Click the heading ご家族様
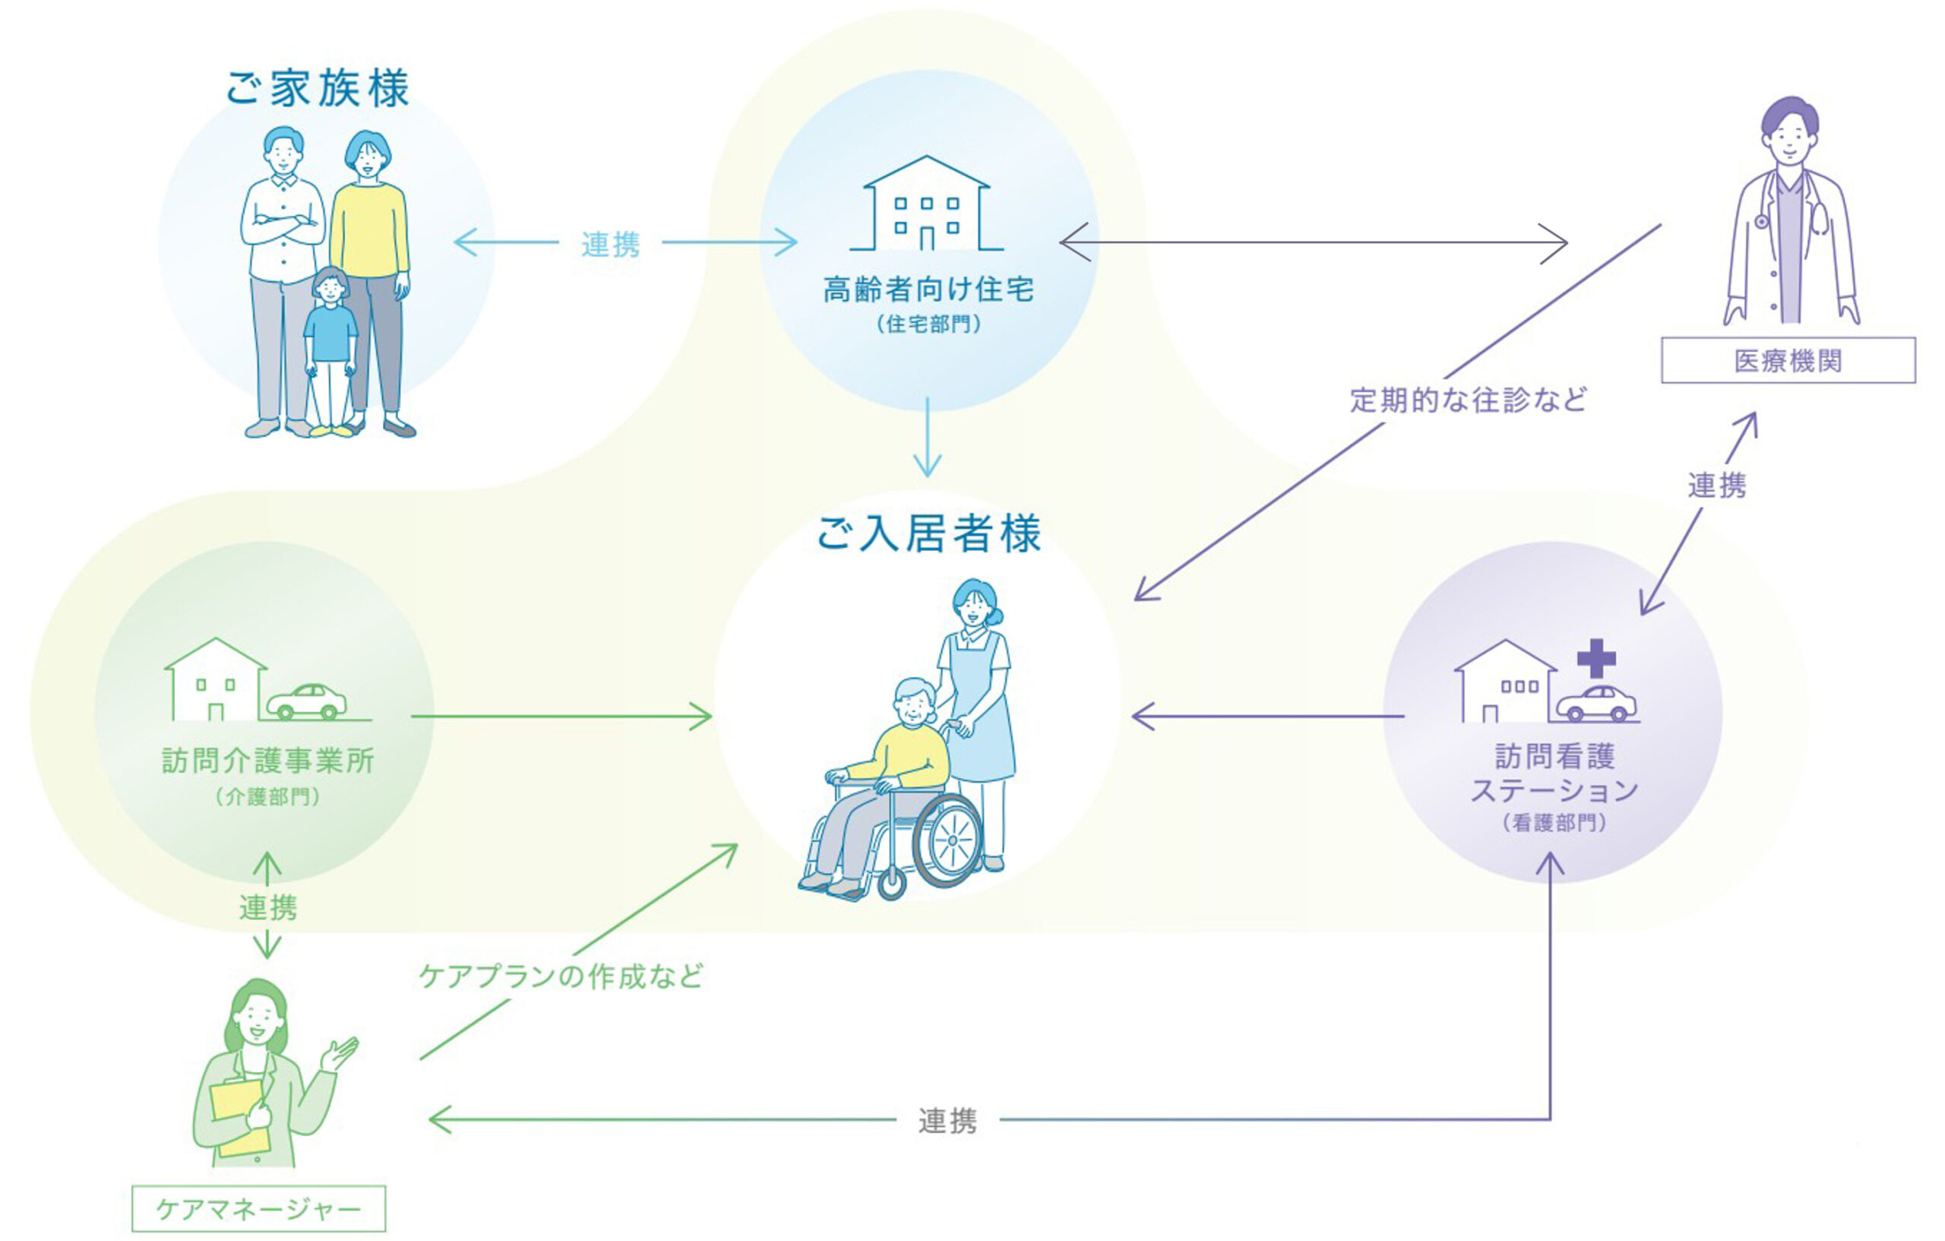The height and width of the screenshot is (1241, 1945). (318, 88)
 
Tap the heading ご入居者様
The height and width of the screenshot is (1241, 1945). (928, 534)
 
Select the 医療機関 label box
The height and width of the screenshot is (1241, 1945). (1788, 360)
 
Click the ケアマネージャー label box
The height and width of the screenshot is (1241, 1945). (258, 1208)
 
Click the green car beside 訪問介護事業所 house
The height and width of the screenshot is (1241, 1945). (307, 701)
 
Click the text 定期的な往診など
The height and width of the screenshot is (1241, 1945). (1468, 400)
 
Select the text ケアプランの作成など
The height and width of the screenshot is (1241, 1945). (561, 976)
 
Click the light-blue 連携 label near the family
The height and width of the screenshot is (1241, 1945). (611, 244)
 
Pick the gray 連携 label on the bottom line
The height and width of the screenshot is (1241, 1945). (947, 1121)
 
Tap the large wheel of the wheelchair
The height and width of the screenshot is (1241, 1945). (949, 841)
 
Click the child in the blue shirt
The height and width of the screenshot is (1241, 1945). (330, 340)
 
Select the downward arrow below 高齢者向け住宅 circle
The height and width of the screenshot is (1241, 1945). (927, 440)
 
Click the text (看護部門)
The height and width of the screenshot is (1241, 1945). (1554, 822)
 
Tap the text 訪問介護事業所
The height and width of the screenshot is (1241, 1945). (267, 760)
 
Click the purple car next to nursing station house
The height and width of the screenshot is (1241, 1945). (1596, 703)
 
